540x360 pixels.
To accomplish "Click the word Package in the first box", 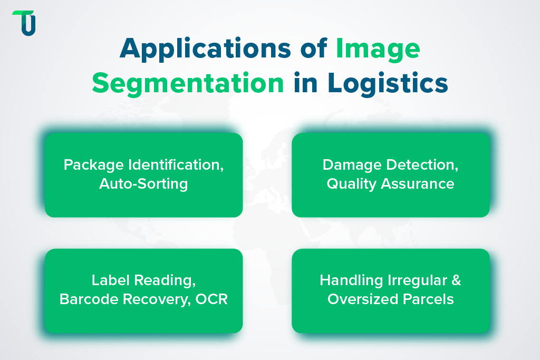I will (x=93, y=165).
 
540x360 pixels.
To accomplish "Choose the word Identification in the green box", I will (x=176, y=165).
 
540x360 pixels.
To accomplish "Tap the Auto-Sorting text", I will (x=143, y=184).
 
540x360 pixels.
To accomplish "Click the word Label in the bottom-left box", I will (x=110, y=280).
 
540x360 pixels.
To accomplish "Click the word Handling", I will (x=345, y=280).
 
